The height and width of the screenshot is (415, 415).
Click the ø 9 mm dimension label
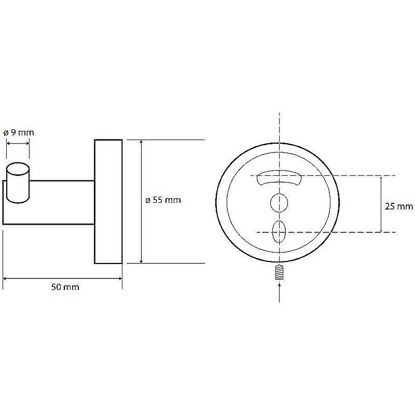(x=19, y=132)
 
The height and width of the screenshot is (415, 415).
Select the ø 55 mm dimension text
(x=163, y=200)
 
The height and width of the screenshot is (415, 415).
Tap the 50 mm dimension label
(x=65, y=287)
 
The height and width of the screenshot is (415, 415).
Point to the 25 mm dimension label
(x=399, y=206)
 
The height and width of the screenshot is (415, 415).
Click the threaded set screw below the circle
(x=280, y=272)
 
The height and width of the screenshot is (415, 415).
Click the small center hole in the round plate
(x=279, y=202)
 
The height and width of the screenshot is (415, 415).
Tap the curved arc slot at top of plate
(x=279, y=177)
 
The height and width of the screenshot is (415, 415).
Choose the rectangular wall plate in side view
(x=108, y=201)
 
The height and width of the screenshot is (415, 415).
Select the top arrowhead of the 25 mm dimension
(x=381, y=179)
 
